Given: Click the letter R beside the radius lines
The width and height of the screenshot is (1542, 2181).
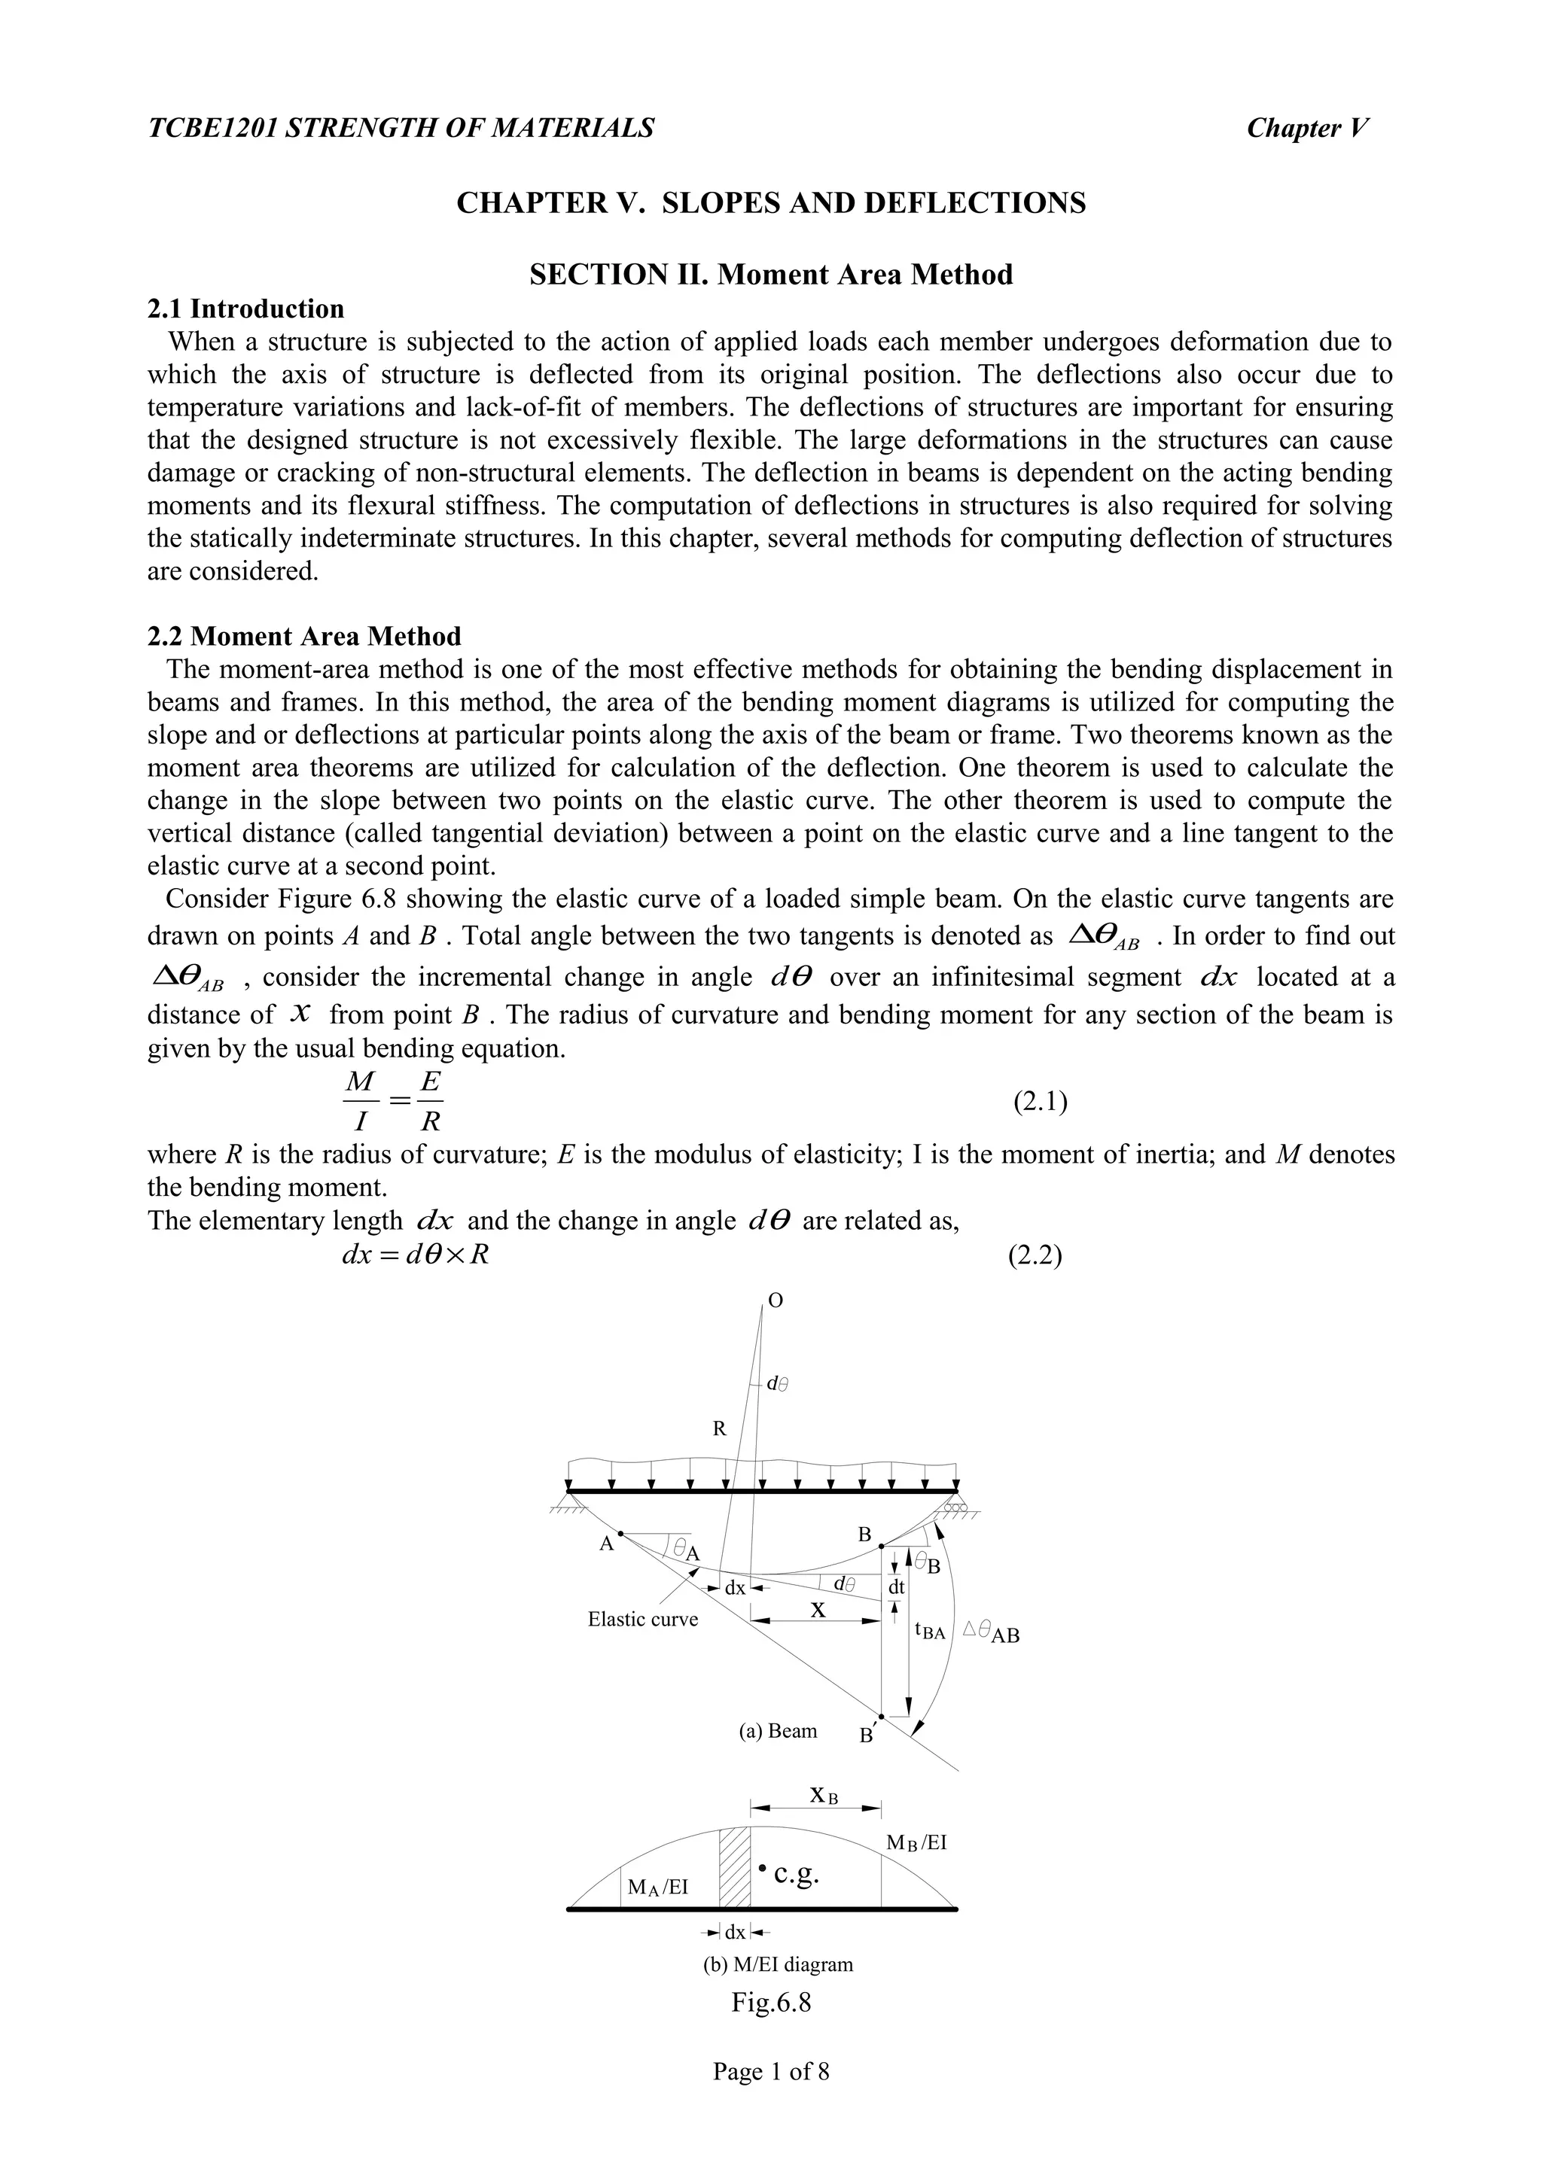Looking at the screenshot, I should point(719,1428).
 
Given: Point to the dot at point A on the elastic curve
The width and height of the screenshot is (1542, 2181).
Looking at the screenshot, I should point(620,1533).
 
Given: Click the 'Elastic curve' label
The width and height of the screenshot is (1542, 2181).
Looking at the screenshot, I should point(642,1619).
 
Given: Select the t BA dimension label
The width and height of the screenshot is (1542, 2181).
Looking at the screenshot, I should point(930,1631).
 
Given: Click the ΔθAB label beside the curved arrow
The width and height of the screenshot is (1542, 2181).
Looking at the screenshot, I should point(991,1633).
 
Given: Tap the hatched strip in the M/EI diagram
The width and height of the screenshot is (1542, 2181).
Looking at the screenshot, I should point(734,1866).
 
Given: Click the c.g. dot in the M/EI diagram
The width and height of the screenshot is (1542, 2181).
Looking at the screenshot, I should point(763,1867).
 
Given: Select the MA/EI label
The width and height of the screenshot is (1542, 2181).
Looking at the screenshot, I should point(657,1887).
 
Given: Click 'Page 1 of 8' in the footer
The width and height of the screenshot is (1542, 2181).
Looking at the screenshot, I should point(770,2071).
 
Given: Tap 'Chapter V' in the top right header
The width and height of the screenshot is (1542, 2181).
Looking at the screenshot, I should point(1307,127).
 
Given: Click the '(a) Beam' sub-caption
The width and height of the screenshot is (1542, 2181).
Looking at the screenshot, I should point(777,1729).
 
